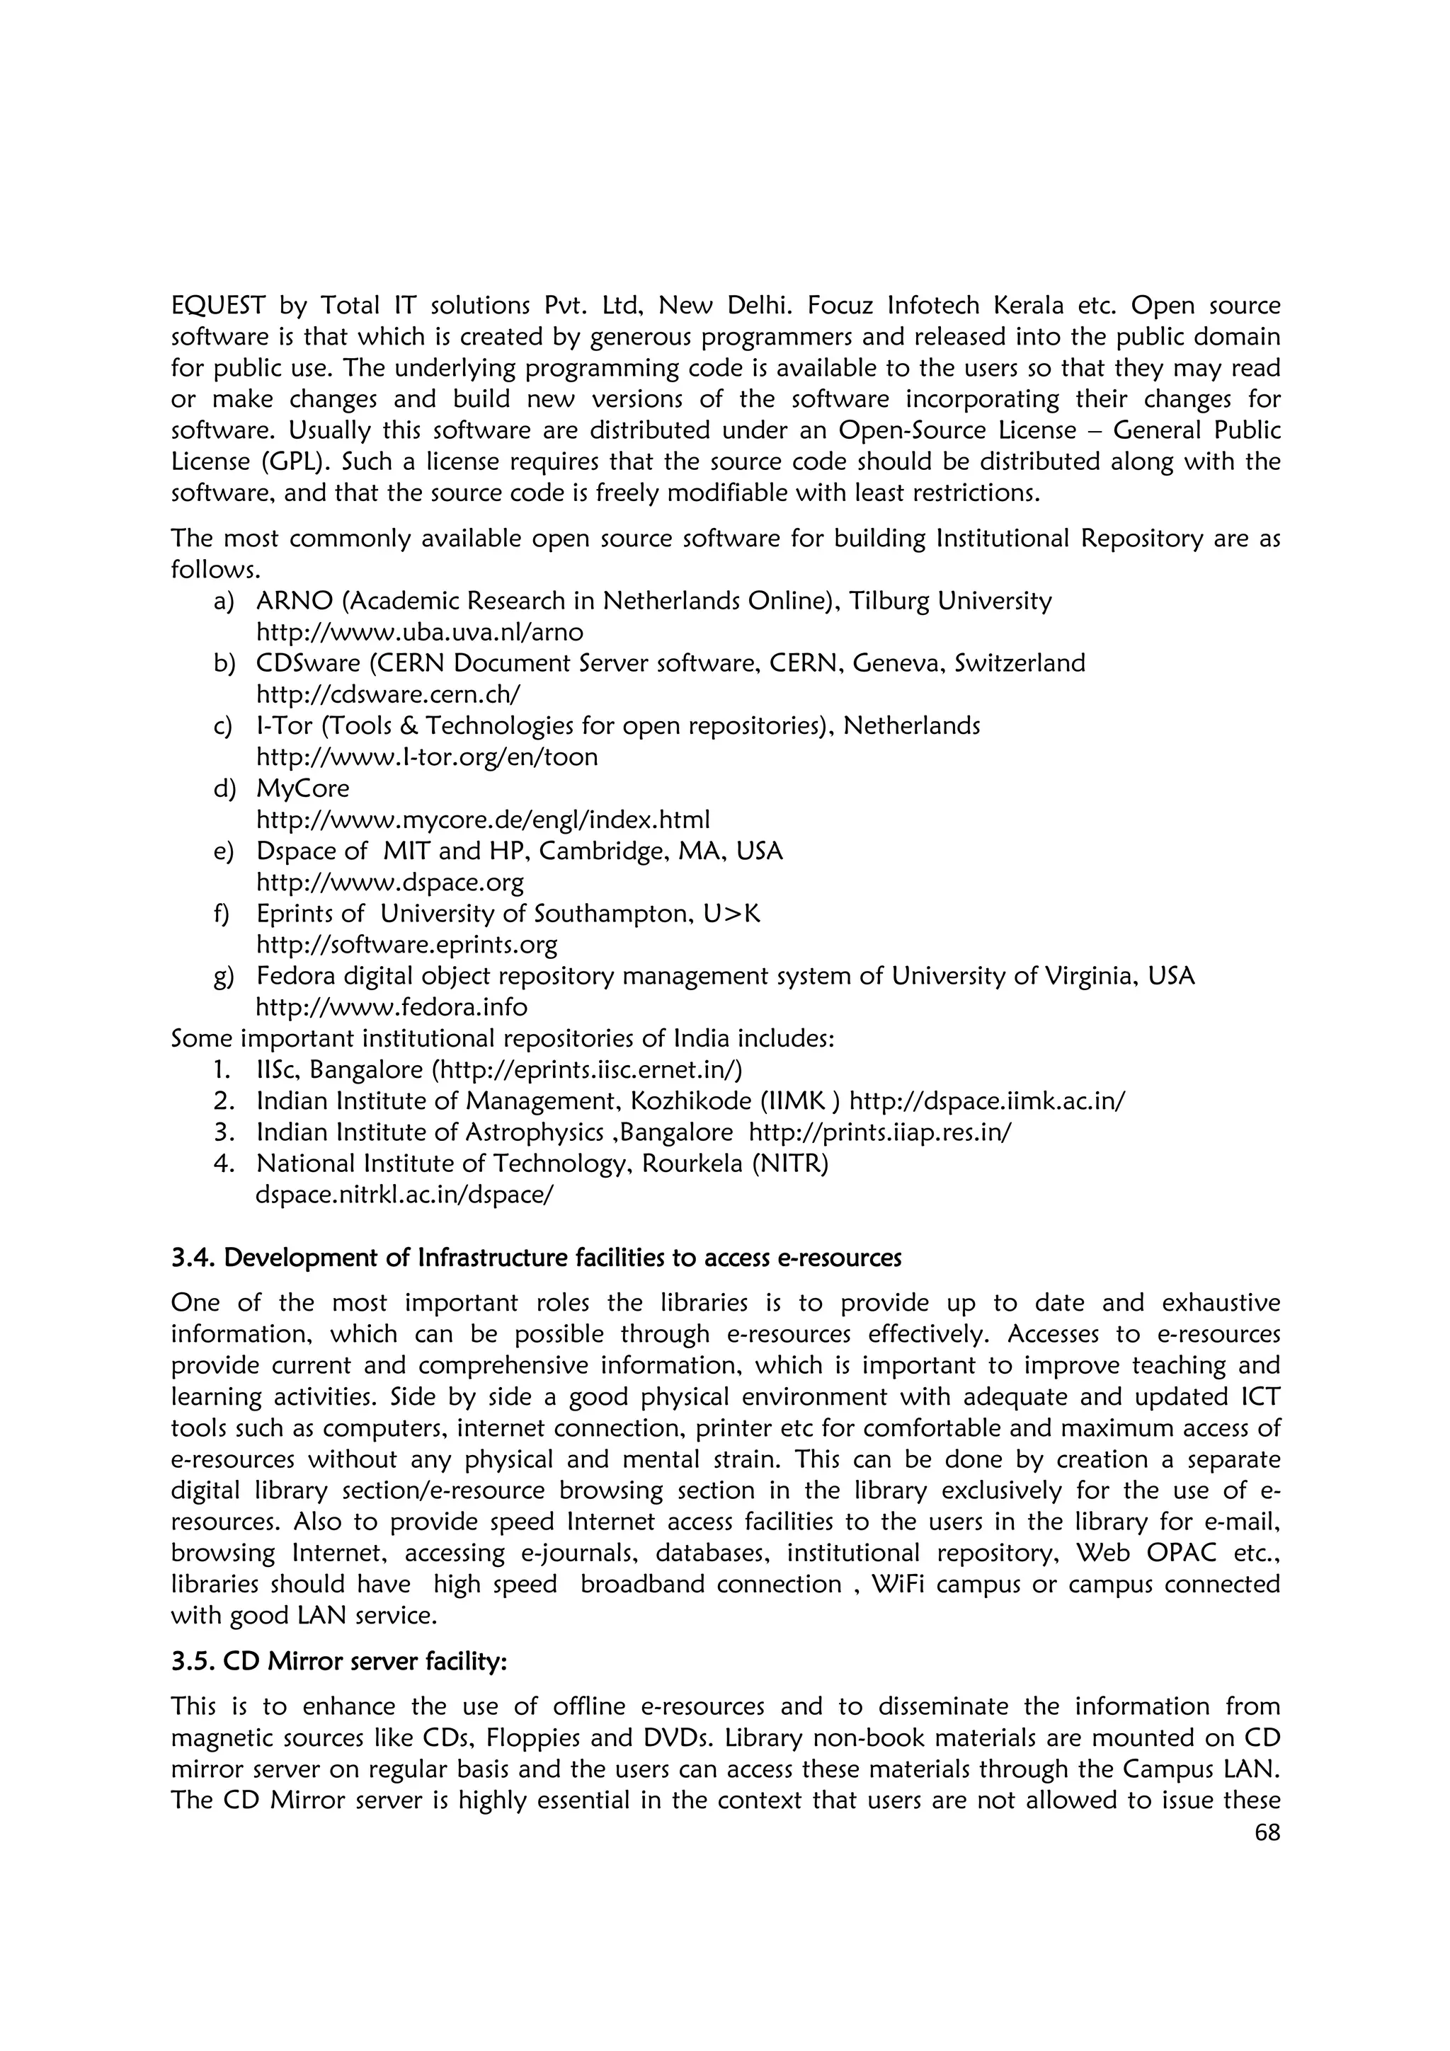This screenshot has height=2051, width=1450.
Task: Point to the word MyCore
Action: pyautogui.click(x=303, y=789)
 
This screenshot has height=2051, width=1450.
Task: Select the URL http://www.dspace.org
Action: pyautogui.click(x=389, y=883)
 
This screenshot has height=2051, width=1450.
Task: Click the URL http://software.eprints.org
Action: pyautogui.click(x=406, y=944)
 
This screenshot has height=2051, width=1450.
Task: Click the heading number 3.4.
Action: pyautogui.click(x=193, y=1258)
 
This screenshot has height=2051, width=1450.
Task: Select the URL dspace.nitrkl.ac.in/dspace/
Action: pyautogui.click(x=404, y=1195)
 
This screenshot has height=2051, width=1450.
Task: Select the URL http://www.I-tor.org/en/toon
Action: pyautogui.click(x=427, y=757)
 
